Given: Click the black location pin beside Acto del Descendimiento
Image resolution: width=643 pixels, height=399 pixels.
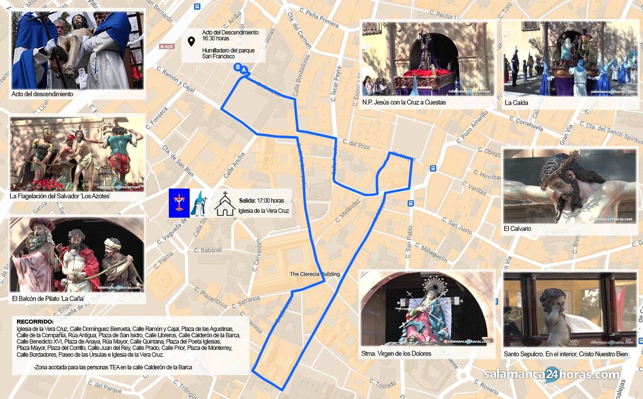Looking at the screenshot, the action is click(x=191, y=41).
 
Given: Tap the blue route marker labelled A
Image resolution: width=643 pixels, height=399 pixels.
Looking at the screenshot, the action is click(x=244, y=70).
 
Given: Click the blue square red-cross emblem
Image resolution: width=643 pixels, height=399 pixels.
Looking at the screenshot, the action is click(x=179, y=203).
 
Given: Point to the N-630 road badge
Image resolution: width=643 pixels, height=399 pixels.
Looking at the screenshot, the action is click(x=166, y=47).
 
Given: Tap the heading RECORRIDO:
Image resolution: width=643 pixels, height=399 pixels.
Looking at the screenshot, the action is click(x=35, y=322).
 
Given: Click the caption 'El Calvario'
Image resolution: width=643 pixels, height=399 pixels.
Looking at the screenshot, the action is click(x=517, y=228).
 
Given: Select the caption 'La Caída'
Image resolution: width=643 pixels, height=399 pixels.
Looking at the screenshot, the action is click(x=516, y=102).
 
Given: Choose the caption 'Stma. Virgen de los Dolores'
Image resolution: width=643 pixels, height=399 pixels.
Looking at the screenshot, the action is click(x=396, y=353).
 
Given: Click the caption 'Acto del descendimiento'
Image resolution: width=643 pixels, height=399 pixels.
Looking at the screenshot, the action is click(x=42, y=94).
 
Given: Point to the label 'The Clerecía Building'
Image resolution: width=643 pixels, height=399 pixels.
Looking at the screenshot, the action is click(x=315, y=274).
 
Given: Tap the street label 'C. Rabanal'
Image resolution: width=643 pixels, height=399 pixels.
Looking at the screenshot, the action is click(x=208, y=250).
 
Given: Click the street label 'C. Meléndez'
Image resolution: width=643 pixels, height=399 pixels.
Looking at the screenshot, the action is click(x=348, y=210).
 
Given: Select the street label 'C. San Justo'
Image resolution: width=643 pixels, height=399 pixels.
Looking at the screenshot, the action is click(x=457, y=226).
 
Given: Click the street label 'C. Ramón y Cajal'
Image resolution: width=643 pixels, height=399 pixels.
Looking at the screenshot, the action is click(x=176, y=79).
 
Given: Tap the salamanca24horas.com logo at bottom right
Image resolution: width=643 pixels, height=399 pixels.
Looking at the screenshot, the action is click(x=551, y=375).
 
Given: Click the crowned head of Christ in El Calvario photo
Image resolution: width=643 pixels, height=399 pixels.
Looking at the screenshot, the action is click(x=563, y=177).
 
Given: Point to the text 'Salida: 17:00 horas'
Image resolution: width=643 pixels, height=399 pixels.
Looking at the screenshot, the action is click(x=261, y=200).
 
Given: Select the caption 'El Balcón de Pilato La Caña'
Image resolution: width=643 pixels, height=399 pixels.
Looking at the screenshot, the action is click(x=48, y=298).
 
